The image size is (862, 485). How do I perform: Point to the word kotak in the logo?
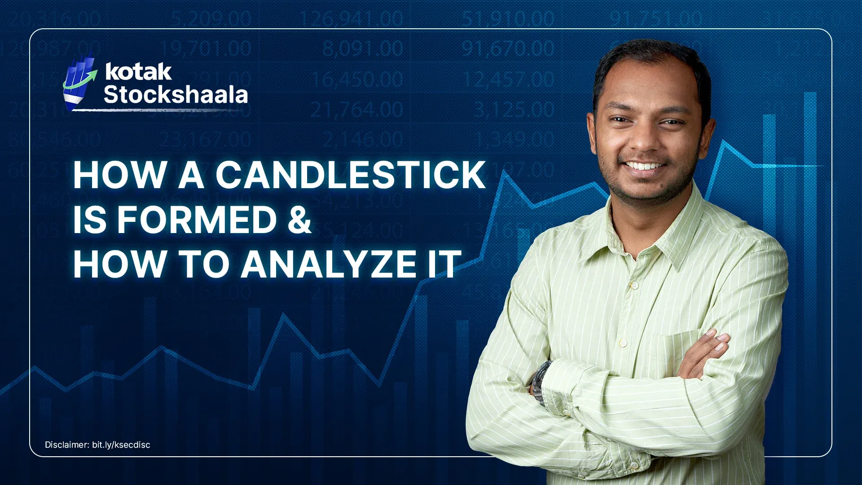point(138,72)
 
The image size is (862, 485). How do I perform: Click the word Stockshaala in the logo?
point(176,95)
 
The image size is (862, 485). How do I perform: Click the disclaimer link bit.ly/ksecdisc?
point(121,445)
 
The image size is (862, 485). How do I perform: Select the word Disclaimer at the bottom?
point(66,445)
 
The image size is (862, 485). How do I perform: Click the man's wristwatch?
point(541,382)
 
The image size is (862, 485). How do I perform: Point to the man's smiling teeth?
point(645,167)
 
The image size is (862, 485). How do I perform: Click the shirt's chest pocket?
point(673,355)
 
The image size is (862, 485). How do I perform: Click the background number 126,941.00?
point(351,19)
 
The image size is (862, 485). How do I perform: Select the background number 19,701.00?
point(206,48)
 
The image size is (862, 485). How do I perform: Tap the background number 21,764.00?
point(357,110)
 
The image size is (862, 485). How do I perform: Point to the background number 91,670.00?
point(508,48)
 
